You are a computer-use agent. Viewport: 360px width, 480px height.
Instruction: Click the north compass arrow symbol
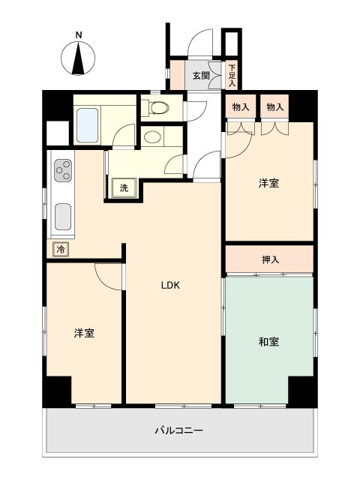tap(79, 58)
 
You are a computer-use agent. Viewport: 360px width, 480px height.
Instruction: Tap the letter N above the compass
tap(79, 34)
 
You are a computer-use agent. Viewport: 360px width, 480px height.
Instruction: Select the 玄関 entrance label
tap(200, 75)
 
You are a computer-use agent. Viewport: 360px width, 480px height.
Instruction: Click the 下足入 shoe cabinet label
tap(232, 73)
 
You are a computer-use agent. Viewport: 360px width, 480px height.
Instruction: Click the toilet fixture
tap(157, 108)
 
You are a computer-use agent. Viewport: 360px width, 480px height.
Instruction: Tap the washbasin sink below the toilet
tap(152, 137)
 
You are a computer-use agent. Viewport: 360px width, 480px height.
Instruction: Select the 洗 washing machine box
tap(124, 188)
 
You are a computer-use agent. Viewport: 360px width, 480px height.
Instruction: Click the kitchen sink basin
tap(62, 217)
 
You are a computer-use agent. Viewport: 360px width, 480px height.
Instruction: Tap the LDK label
tap(172, 284)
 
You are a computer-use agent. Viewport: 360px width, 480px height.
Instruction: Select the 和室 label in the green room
tap(268, 341)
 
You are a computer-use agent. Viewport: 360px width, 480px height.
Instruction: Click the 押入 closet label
tap(270, 259)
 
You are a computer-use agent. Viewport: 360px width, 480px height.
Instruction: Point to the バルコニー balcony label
tap(179, 430)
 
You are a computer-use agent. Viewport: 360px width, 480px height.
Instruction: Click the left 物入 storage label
tap(240, 107)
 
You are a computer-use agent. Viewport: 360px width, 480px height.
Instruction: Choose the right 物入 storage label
tap(274, 107)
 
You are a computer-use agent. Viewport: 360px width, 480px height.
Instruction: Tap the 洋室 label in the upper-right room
tap(268, 182)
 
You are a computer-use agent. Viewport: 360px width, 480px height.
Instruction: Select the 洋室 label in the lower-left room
tap(84, 333)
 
